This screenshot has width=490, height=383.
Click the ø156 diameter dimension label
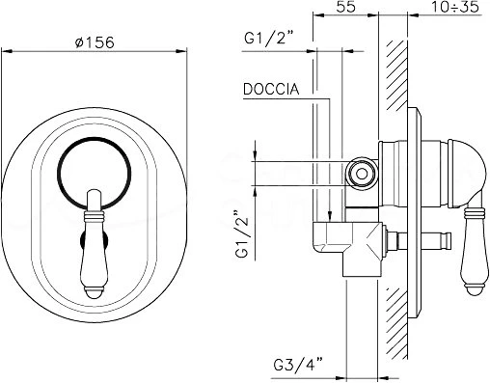point(95,42)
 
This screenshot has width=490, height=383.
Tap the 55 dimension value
point(346,7)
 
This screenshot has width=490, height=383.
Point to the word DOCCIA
point(271,89)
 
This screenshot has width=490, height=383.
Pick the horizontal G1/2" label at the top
point(269,38)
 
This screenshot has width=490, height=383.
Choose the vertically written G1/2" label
point(242,234)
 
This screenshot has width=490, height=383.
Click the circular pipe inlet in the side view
point(362,174)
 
